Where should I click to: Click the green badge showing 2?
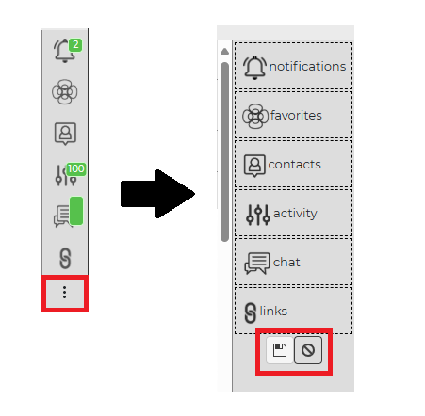(75, 45)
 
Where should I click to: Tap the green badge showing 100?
(76, 169)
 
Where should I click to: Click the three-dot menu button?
(65, 293)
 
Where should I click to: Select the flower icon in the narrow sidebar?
(65, 91)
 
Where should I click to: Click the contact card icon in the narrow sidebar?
(65, 134)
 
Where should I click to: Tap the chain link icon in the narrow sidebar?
(65, 259)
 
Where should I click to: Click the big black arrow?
(157, 194)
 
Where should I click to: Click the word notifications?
(308, 67)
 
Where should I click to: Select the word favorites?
(296, 116)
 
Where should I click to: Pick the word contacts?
(295, 165)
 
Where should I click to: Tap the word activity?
(296, 214)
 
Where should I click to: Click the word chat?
(286, 263)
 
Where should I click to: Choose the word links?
(273, 312)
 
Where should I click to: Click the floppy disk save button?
(280, 350)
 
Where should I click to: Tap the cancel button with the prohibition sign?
(308, 350)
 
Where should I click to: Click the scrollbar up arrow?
(224, 51)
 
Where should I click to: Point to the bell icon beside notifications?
(254, 68)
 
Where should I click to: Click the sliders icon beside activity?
(258, 215)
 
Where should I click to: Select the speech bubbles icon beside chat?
(257, 264)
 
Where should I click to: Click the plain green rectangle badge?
(76, 211)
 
